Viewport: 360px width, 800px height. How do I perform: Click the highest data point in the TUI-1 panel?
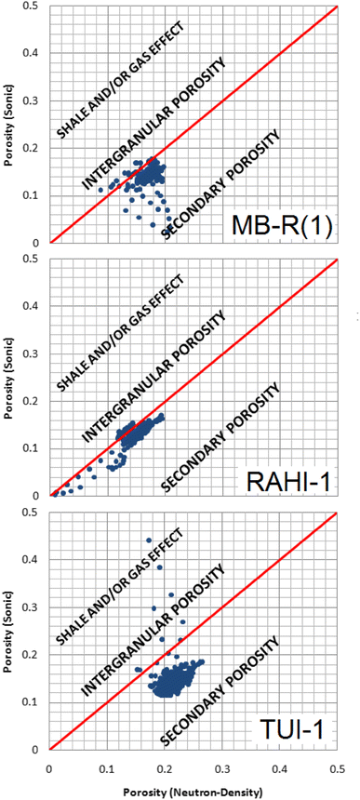pyautogui.click(x=148, y=540)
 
